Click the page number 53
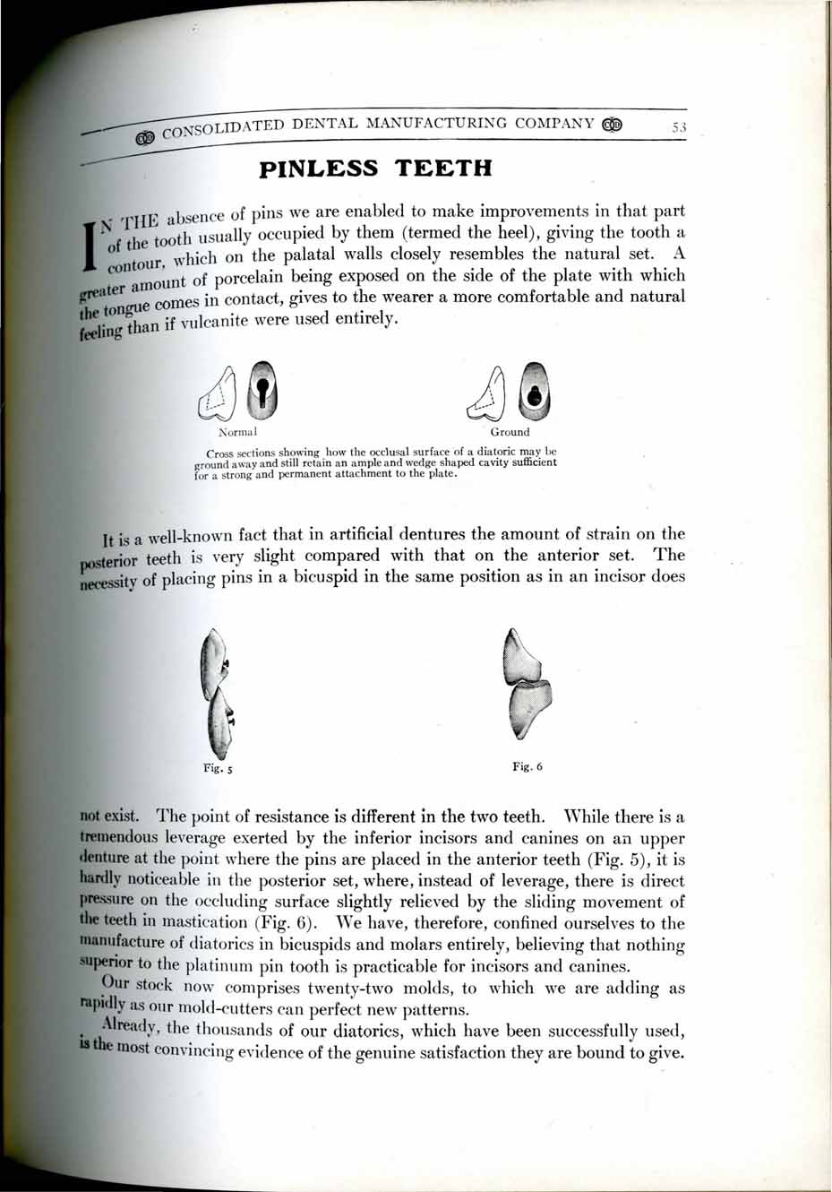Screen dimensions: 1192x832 tap(678, 128)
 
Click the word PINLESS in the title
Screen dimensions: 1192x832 tap(319, 168)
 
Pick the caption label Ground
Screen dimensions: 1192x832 tap(510, 432)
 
